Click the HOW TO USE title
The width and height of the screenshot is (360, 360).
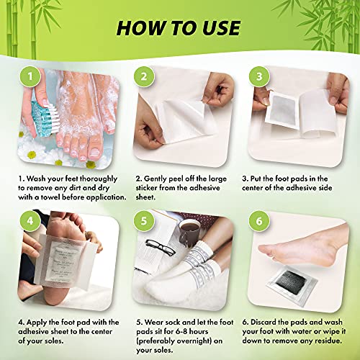tap(180, 27)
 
